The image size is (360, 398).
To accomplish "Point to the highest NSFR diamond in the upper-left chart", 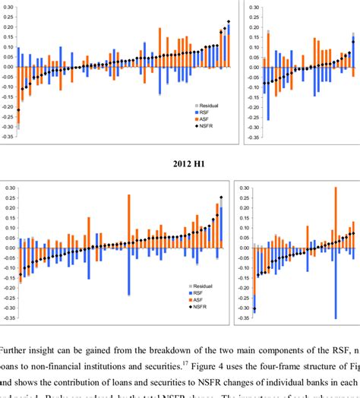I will tap(228, 22).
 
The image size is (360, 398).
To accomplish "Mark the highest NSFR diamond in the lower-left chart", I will tap(222, 198).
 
